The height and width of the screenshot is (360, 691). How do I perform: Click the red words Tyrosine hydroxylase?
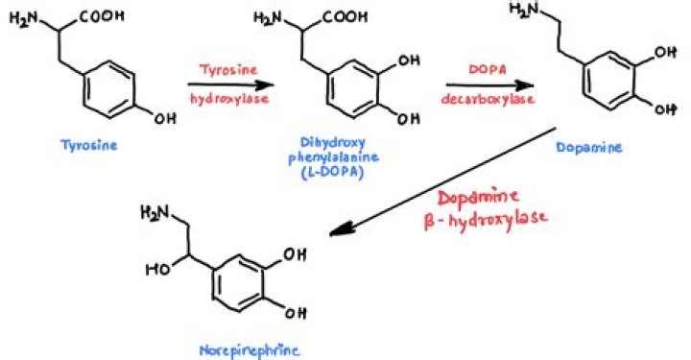point(228,83)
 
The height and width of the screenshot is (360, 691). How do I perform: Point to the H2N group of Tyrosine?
point(26,17)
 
